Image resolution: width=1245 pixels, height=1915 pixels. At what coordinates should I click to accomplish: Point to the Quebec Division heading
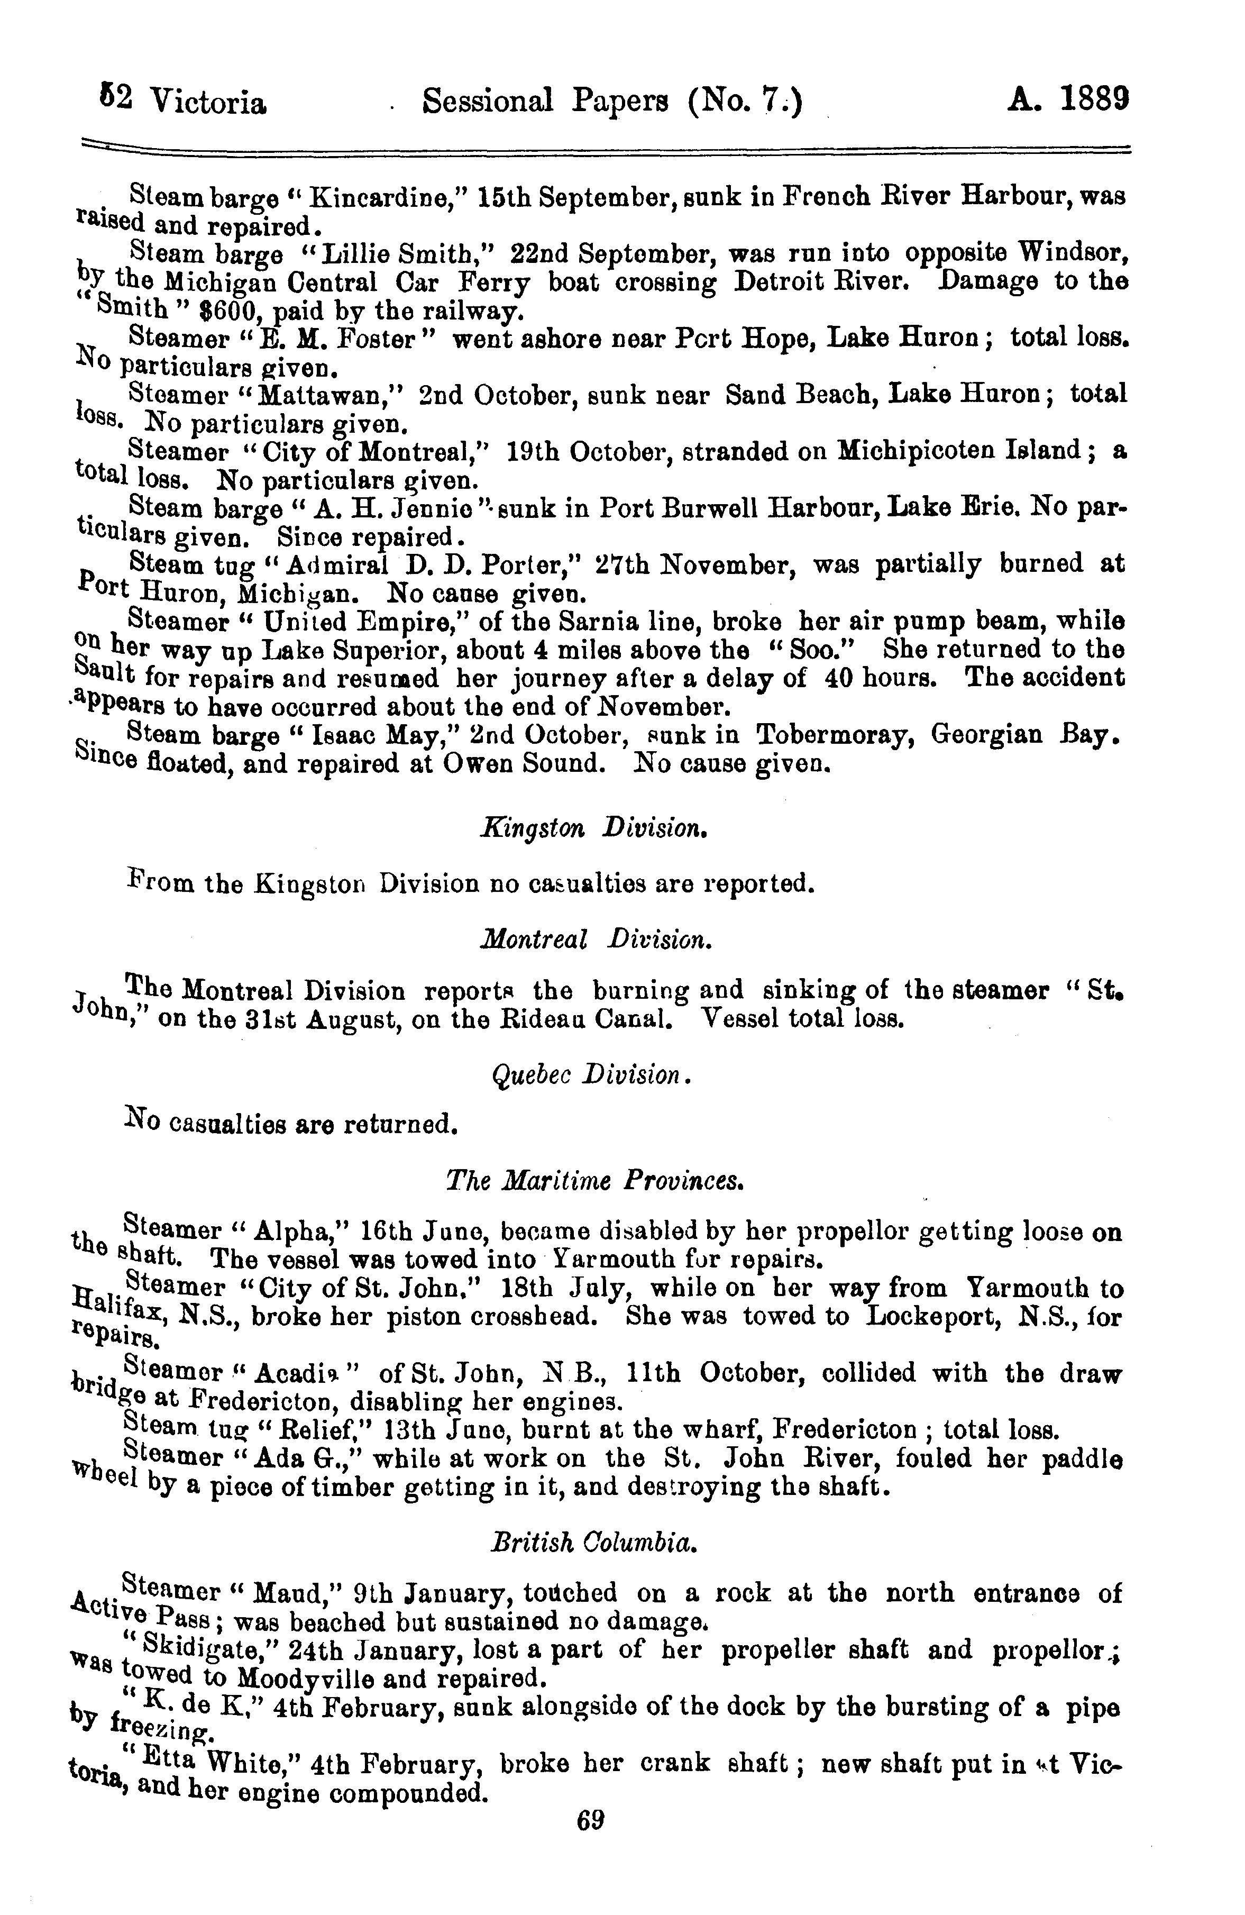point(591,1074)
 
